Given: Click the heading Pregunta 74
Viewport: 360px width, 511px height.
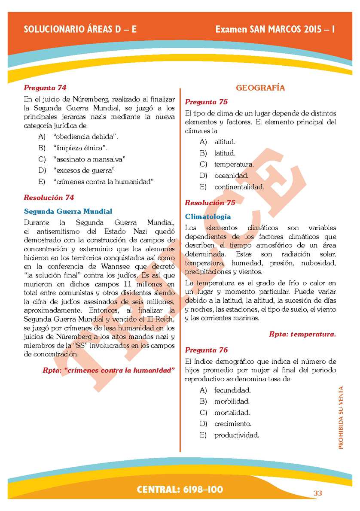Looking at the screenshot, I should pyautogui.click(x=45, y=88).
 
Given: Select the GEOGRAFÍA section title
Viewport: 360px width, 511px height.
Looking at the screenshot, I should pyautogui.click(x=260, y=88).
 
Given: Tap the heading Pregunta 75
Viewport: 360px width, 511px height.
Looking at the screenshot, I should pyautogui.click(x=206, y=102).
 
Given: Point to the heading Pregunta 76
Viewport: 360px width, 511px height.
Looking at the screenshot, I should pyautogui.click(x=206, y=350).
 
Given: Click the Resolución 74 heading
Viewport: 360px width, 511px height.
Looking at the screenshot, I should pyautogui.click(x=49, y=198).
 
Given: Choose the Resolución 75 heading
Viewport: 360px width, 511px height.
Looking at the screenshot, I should pyautogui.click(x=210, y=203).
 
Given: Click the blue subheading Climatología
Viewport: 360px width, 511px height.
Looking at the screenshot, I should pyautogui.click(x=208, y=216).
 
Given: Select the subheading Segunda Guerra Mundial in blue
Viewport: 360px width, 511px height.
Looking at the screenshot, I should pyautogui.click(x=68, y=211).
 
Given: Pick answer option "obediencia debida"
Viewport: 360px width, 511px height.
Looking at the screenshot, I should pyautogui.click(x=86, y=137).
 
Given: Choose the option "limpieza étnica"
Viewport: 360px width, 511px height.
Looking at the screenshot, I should pyautogui.click(x=80, y=148).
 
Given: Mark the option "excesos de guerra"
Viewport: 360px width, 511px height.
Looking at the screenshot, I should pyautogui.click(x=84, y=170).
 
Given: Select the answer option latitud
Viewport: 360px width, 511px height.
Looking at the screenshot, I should pyautogui.click(x=225, y=153).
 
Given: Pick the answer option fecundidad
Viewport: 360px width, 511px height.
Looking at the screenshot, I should pyautogui.click(x=232, y=390).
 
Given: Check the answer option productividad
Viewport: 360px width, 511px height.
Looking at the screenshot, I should pyautogui.click(x=236, y=435).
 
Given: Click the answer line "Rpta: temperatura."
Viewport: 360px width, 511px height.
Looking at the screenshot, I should pyautogui.click(x=302, y=334).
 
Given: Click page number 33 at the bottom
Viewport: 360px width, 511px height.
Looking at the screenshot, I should pyautogui.click(x=317, y=493).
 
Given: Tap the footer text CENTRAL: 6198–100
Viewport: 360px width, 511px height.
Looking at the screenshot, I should pyautogui.click(x=180, y=490).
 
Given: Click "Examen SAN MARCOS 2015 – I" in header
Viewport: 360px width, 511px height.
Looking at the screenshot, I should pyautogui.click(x=275, y=29).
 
